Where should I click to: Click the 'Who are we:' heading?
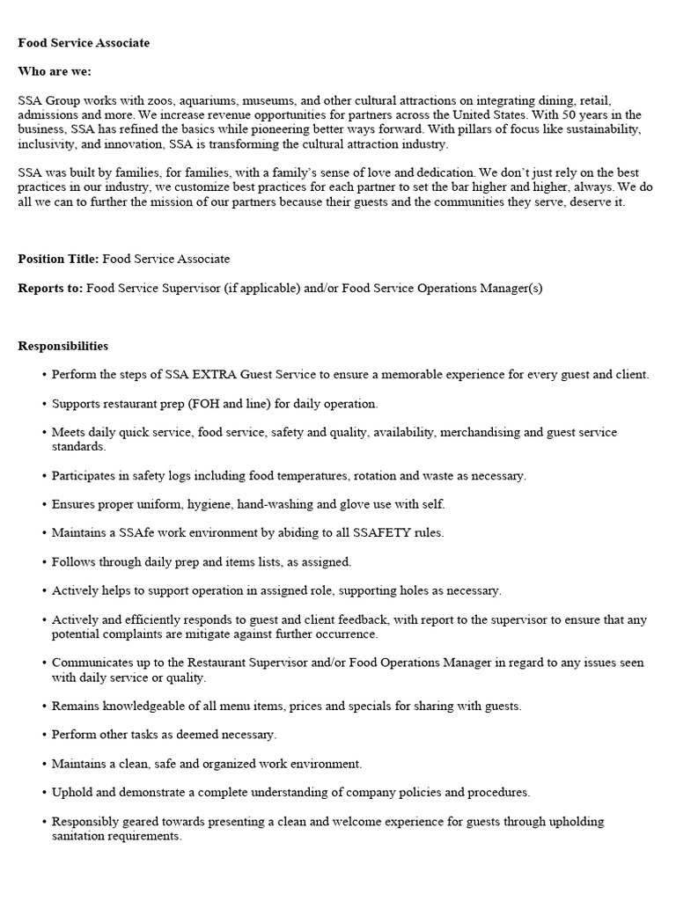[55, 71]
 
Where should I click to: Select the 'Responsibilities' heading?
[63, 346]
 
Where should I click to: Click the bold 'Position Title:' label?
[58, 259]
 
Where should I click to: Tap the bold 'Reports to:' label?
[50, 288]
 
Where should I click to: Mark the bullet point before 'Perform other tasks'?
[44, 734]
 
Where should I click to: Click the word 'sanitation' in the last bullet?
[81, 836]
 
